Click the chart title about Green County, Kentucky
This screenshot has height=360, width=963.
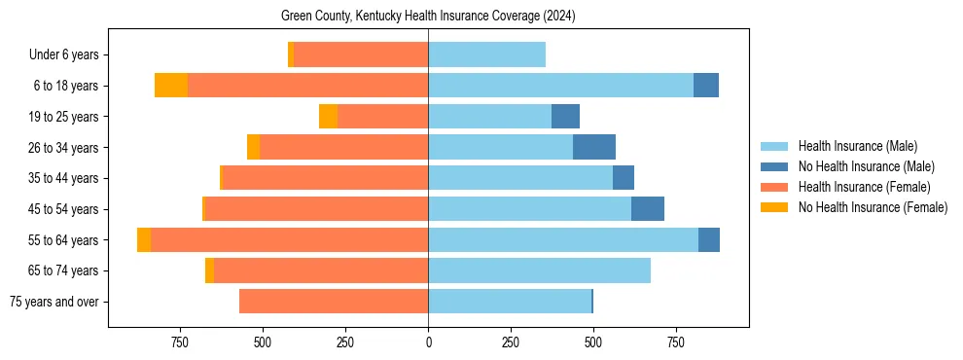pos(428,17)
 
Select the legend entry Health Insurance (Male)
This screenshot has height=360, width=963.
pos(857,147)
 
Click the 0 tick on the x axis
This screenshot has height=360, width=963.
pos(428,342)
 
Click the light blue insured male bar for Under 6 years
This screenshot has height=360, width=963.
pos(486,54)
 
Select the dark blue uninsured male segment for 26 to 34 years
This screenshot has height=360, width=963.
pos(594,147)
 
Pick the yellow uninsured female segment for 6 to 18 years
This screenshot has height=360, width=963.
pos(171,86)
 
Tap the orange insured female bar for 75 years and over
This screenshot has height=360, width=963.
pos(334,302)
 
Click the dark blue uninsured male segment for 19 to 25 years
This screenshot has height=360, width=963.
pos(565,117)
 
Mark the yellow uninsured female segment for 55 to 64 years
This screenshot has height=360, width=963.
pos(144,240)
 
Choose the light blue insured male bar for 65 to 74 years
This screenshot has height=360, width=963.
pos(539,270)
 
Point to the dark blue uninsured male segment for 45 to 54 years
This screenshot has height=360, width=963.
pos(648,209)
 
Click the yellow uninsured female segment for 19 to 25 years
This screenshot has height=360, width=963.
pos(328,117)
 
